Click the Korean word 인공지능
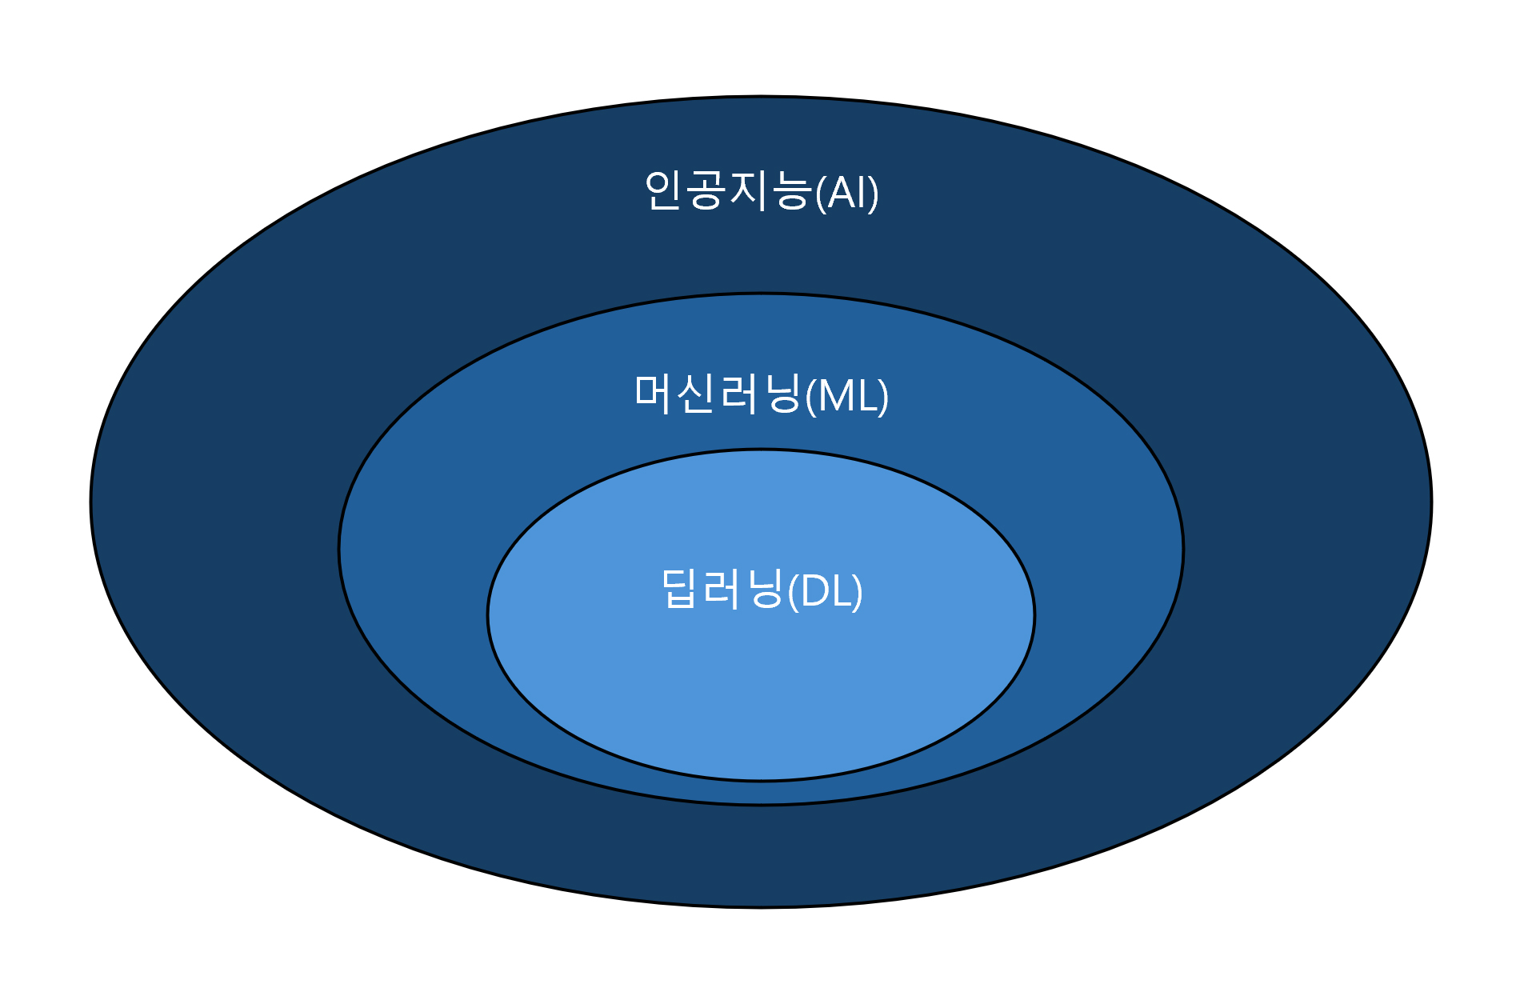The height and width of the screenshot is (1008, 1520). (728, 191)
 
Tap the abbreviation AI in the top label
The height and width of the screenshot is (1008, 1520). (847, 193)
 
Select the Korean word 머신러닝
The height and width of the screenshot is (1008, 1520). (718, 394)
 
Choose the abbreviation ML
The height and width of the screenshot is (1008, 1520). (848, 395)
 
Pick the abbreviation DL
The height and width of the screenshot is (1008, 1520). (826, 592)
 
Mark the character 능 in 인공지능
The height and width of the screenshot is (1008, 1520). (791, 191)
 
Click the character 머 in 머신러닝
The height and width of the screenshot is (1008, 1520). (654, 394)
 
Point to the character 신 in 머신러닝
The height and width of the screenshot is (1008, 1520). (696, 394)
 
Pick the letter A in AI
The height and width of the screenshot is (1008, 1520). (842, 193)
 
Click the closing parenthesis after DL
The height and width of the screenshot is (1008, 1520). (858, 593)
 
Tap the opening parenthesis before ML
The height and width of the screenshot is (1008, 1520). (811, 396)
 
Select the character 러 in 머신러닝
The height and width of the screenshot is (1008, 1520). (738, 394)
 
